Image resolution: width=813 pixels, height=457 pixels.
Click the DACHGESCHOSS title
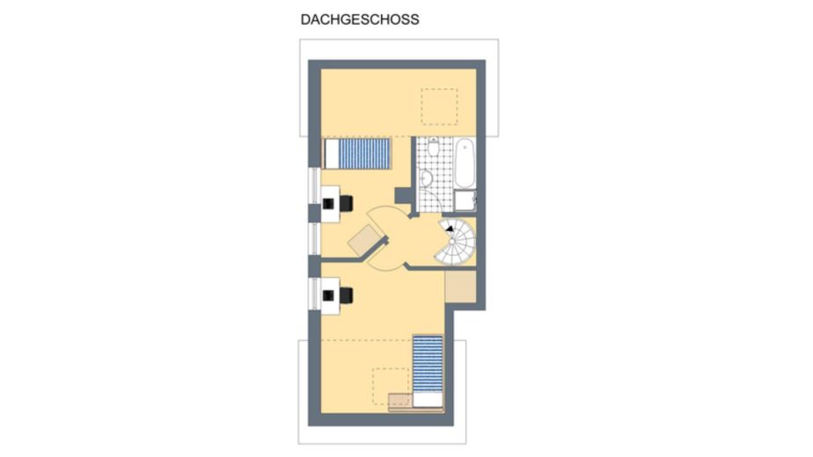pos(360,19)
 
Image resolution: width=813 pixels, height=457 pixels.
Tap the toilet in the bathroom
pos(434,147)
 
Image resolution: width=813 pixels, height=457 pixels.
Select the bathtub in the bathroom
pos(465,163)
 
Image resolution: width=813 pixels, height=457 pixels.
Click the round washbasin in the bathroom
pos(426,178)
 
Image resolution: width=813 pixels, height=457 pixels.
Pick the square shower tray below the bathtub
pos(465,200)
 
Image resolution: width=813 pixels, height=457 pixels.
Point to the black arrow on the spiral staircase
pos(450,228)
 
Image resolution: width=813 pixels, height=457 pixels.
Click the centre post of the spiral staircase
pos(452,242)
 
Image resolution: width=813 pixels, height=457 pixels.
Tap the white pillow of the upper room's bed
pos(332,154)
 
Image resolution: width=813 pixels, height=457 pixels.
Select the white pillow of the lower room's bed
pos(428,400)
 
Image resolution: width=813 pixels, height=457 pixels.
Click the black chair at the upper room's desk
pos(347,203)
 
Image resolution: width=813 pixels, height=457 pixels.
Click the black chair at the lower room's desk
pos(347,295)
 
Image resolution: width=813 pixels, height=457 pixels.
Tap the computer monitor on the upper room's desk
pos(328,204)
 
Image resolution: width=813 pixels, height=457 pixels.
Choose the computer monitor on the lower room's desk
pos(328,295)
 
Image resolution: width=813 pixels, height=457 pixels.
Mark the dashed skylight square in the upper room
pos(439,106)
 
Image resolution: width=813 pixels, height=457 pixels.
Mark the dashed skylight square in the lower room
pos(391,387)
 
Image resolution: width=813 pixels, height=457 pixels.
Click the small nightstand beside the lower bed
pos(400,400)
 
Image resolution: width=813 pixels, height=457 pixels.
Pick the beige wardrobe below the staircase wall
pos(460,287)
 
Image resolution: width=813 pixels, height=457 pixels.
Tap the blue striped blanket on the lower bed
pos(428,365)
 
